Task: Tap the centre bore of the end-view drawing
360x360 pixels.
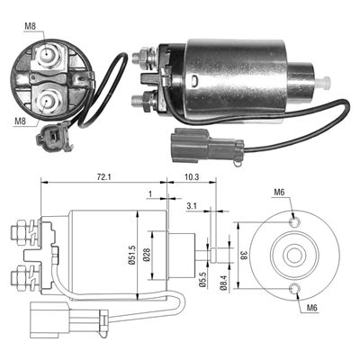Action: (292, 255)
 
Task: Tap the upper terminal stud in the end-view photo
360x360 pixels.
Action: (43, 59)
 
